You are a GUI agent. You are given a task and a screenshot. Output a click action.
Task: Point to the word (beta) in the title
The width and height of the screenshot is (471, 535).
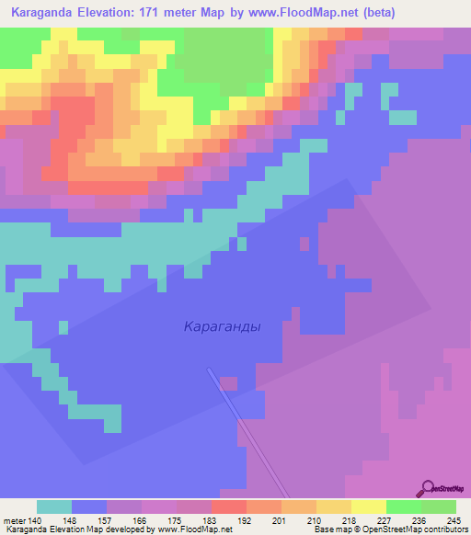(438, 13)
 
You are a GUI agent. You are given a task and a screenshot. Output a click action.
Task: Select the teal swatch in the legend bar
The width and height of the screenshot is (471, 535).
(53, 507)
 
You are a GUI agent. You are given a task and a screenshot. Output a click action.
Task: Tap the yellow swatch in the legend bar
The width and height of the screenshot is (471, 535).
(369, 507)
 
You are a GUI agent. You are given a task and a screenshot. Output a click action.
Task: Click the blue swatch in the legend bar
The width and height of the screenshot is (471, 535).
(89, 507)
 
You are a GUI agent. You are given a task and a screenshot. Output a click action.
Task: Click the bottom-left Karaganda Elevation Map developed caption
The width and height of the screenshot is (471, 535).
(117, 529)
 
